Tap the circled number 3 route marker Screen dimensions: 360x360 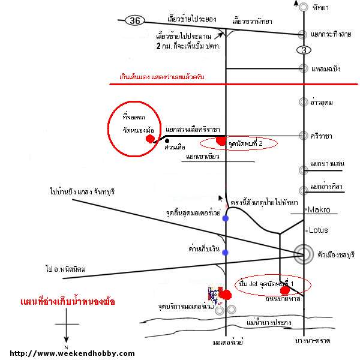click(x=304, y=50)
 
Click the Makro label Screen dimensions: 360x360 click(x=319, y=210)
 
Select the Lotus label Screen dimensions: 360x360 click(x=318, y=230)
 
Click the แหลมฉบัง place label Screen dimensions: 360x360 click(x=326, y=69)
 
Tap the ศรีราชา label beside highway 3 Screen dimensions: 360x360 click(x=323, y=136)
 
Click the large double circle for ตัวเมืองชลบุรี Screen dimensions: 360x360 click(x=304, y=254)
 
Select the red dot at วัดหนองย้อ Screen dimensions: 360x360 click(x=149, y=139)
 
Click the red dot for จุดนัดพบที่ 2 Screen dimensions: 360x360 click(x=220, y=141)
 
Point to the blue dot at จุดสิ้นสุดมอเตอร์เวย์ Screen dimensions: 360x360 click(x=225, y=219)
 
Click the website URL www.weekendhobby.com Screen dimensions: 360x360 click(x=73, y=353)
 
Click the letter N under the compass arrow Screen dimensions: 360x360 click(x=67, y=347)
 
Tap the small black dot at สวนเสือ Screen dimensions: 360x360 click(x=167, y=142)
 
